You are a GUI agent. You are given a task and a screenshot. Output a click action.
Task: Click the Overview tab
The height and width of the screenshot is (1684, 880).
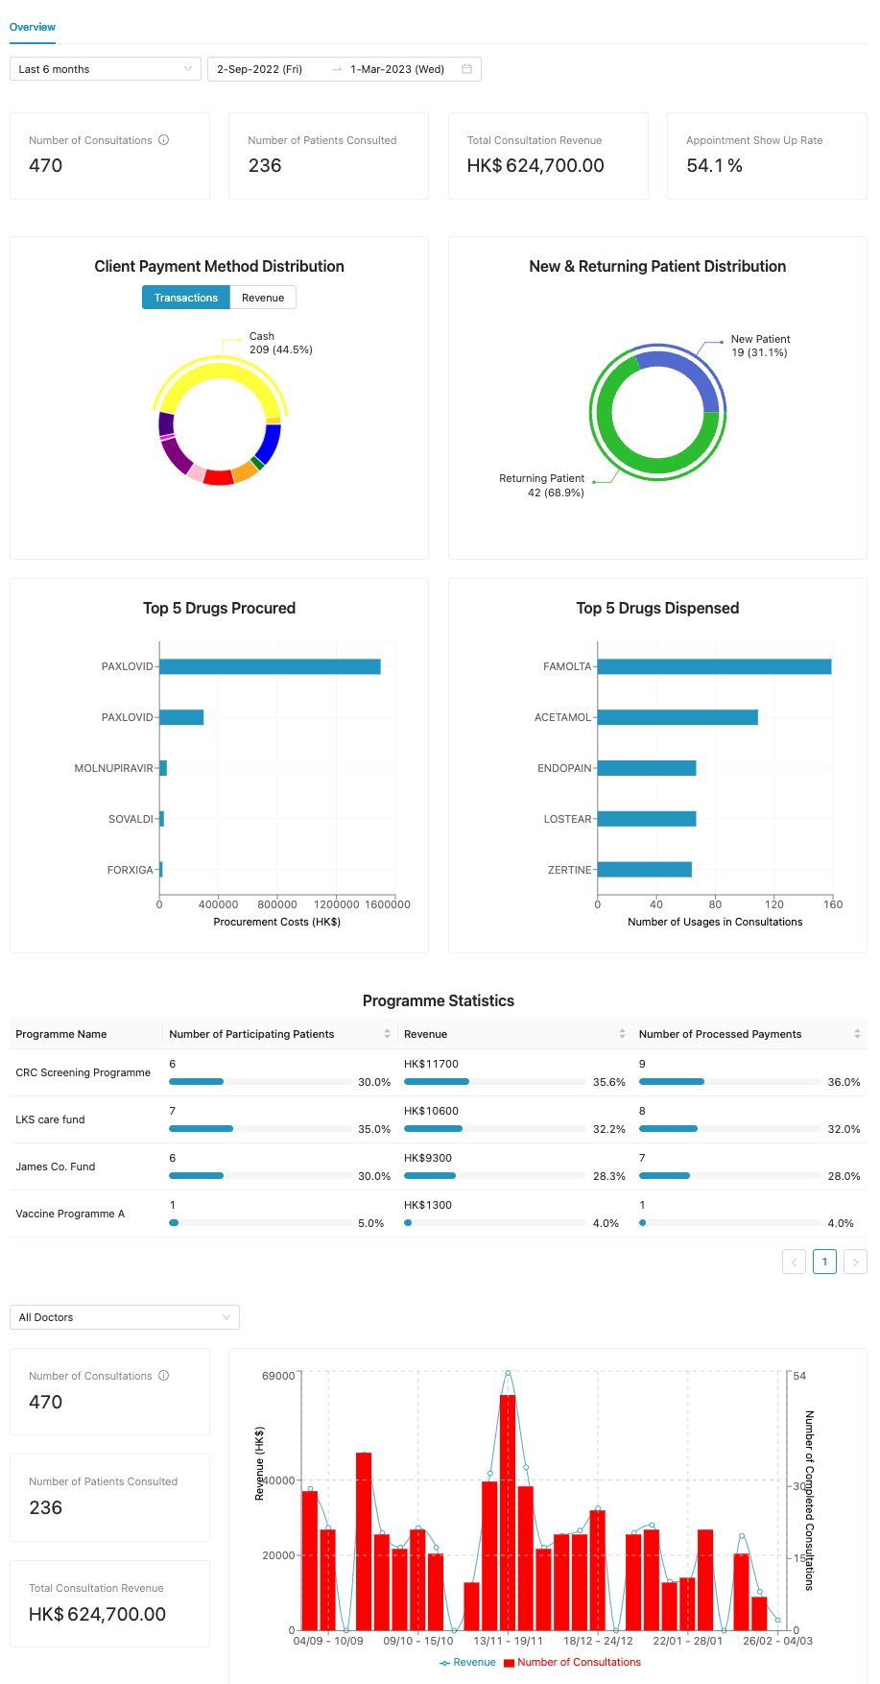click(33, 27)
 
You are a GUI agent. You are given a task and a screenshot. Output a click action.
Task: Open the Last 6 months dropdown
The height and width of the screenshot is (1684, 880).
click(105, 69)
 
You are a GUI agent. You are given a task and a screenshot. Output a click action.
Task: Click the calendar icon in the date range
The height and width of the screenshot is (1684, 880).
click(466, 69)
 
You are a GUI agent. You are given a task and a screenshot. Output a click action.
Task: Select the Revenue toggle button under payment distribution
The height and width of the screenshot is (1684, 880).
click(263, 298)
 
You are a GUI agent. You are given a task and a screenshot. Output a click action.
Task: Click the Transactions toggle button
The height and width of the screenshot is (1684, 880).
click(186, 298)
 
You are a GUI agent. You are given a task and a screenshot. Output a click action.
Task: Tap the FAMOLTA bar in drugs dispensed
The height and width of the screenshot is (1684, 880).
click(714, 666)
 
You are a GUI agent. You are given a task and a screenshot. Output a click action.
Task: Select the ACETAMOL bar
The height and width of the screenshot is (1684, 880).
click(678, 717)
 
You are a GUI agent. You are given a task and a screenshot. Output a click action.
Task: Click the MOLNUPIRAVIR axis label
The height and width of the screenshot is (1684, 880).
click(113, 768)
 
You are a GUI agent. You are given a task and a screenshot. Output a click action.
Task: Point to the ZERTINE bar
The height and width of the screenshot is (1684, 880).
click(644, 870)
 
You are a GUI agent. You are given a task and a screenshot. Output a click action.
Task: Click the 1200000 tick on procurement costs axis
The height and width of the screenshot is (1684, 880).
click(337, 904)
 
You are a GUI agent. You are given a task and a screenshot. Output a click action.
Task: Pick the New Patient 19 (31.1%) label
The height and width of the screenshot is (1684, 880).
click(759, 346)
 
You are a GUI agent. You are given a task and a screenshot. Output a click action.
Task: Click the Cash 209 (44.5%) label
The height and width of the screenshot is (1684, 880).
click(280, 343)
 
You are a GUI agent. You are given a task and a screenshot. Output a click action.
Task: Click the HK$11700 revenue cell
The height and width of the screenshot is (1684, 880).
click(431, 1064)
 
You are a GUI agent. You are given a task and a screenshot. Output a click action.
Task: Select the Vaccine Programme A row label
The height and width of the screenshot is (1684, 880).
click(70, 1214)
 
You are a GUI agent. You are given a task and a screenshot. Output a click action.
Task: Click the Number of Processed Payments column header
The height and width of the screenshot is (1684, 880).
click(720, 1034)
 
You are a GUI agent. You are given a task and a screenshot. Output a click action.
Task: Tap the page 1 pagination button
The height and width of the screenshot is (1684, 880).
click(824, 1262)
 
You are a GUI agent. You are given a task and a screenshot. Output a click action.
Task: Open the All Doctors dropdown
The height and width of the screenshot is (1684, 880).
click(124, 1317)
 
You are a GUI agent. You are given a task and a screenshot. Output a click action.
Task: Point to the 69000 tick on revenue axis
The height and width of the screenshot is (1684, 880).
click(278, 1376)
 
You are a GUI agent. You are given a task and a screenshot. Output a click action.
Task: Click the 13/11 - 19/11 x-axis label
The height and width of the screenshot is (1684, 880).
click(508, 1641)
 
